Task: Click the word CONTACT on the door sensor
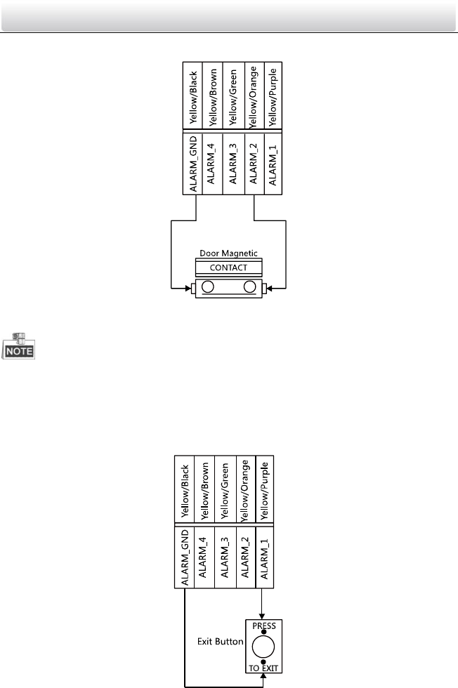tap(228, 267)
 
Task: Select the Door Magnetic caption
tap(228, 254)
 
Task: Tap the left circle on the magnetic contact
tap(208, 286)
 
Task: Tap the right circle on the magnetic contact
tap(249, 286)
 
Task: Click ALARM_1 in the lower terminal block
tap(263, 556)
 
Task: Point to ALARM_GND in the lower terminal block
tap(184, 556)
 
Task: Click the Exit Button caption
tap(220, 642)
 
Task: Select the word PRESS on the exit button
tap(263, 623)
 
